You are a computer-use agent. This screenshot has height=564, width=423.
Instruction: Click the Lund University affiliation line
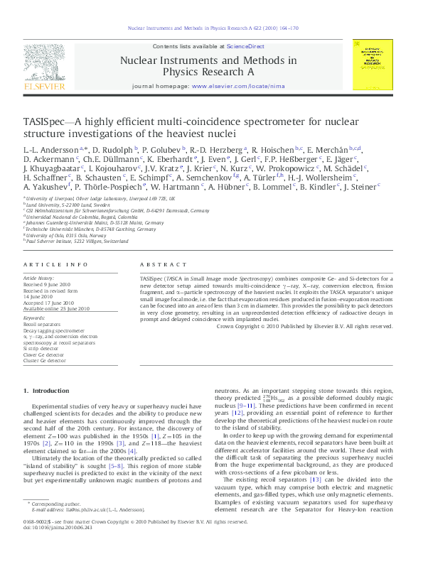pos(53,203)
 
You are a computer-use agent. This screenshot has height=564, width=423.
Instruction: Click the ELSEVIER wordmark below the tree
pos(47,87)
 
